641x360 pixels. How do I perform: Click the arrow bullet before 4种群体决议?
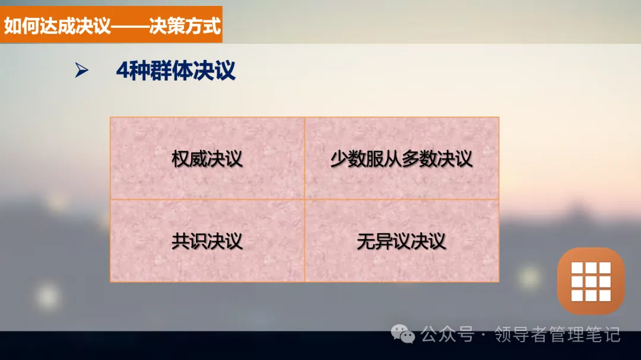[81, 71]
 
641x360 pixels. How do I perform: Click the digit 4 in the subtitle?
[122, 71]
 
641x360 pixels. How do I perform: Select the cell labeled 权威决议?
[207, 159]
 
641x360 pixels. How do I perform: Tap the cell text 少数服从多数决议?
[401, 159]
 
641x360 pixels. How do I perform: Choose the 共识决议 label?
[207, 241]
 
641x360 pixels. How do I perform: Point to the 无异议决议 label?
[401, 241]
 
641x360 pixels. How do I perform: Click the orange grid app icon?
[591, 281]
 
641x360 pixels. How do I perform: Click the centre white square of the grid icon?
[591, 281]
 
